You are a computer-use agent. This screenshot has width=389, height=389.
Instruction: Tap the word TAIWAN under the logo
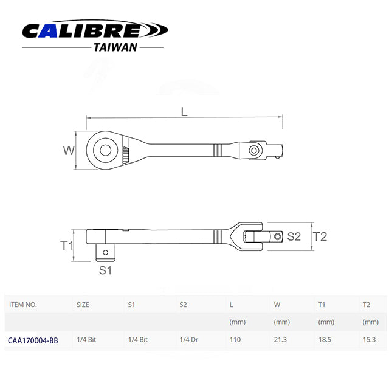(x=115, y=47)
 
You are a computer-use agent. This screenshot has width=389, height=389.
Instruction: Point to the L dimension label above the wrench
(x=184, y=112)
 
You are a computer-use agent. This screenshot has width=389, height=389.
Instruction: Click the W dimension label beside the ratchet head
(x=69, y=150)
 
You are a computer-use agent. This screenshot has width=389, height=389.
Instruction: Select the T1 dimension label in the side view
(x=67, y=246)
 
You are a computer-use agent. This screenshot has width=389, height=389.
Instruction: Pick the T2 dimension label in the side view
(x=320, y=236)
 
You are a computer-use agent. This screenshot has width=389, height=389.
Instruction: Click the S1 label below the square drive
(x=105, y=270)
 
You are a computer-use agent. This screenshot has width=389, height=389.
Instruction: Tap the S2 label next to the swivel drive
(x=294, y=236)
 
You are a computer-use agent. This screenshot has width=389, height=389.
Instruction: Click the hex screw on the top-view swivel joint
(x=254, y=150)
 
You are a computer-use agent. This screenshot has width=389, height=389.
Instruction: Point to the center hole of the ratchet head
(x=105, y=150)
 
